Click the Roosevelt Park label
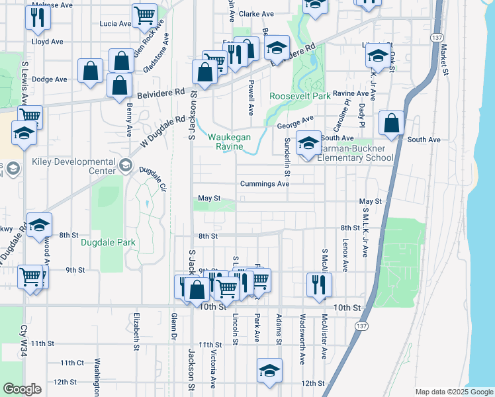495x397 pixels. [300, 97]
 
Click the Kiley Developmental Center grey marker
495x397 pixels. [126, 163]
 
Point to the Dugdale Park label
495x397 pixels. [108, 243]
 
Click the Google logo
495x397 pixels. [22, 389]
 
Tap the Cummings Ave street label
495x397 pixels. [265, 184]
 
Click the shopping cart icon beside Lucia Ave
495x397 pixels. [144, 16]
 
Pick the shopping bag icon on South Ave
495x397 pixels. [392, 124]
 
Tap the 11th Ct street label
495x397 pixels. [72, 363]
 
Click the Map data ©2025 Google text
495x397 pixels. [453, 392]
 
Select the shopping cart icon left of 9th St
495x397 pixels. [30, 277]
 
